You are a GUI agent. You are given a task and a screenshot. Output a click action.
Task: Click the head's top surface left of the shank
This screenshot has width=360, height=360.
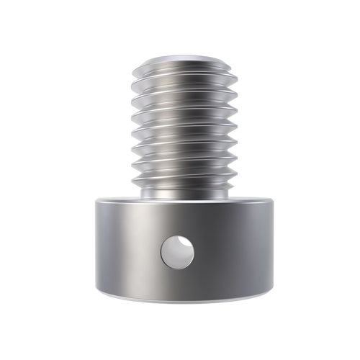[115, 199]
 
